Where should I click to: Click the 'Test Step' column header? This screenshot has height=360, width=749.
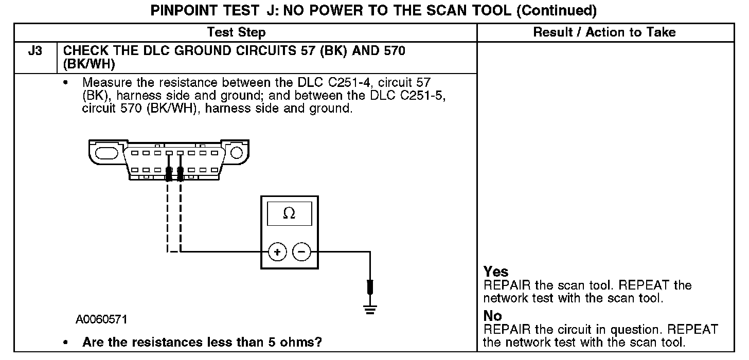(x=236, y=32)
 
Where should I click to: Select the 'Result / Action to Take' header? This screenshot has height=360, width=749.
(x=604, y=32)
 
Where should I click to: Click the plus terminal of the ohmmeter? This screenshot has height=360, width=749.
(x=277, y=252)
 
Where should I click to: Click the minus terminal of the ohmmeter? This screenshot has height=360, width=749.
(x=301, y=252)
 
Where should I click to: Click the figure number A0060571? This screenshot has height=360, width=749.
(x=101, y=320)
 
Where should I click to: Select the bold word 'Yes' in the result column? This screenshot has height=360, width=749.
(x=496, y=272)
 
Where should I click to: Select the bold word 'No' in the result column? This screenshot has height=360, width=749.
(x=493, y=316)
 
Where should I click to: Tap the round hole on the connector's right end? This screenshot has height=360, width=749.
(x=236, y=153)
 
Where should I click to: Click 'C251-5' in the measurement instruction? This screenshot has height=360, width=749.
(x=424, y=96)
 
